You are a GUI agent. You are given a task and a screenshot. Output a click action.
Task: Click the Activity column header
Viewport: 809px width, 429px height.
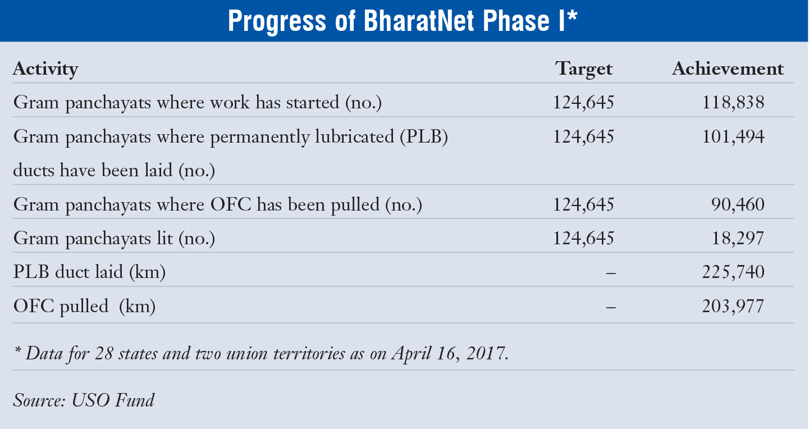click(x=45, y=69)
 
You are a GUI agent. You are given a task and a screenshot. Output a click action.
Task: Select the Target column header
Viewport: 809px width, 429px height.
click(x=584, y=69)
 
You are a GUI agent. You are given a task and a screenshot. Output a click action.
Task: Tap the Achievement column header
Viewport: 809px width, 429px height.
click(x=728, y=69)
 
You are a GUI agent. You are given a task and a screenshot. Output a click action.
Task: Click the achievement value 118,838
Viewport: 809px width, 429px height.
click(x=733, y=103)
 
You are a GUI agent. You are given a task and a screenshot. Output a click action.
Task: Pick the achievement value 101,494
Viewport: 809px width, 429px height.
click(x=733, y=137)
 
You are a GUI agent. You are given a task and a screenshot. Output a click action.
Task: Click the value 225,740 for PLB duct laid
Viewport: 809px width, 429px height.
click(x=733, y=272)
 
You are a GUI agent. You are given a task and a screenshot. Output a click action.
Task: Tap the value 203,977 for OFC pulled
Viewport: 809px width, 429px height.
click(x=733, y=307)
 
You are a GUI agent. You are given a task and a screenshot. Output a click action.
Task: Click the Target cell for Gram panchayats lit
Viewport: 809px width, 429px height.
click(x=584, y=239)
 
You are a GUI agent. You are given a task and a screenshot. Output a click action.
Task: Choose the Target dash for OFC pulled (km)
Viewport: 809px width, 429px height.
click(x=611, y=307)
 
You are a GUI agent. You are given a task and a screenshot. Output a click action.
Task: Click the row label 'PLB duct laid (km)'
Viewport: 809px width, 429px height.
click(x=89, y=273)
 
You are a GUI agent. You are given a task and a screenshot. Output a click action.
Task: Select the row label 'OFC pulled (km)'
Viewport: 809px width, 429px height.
click(x=84, y=307)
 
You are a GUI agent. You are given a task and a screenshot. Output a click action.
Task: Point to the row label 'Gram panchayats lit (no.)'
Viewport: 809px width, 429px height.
click(x=114, y=239)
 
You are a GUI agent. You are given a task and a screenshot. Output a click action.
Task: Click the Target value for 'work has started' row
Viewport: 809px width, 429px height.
click(x=584, y=103)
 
